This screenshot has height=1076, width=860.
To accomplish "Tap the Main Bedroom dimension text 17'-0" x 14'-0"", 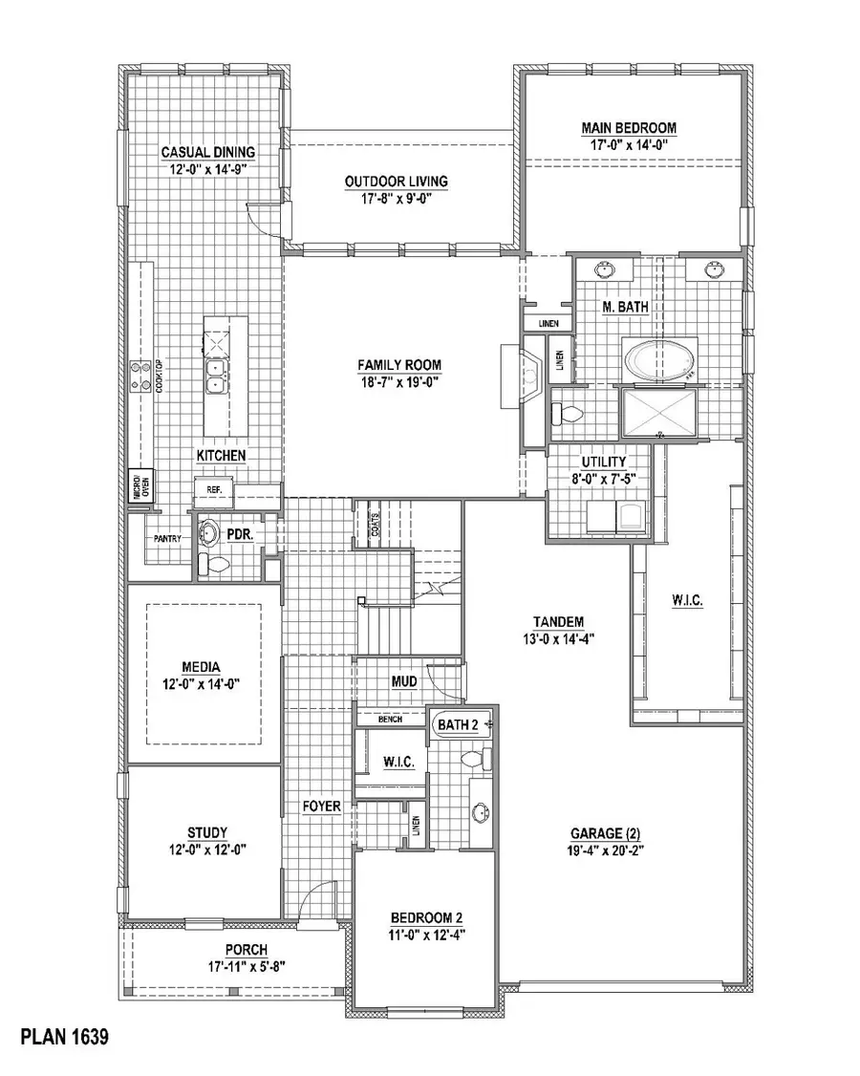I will pyautogui.click(x=629, y=145).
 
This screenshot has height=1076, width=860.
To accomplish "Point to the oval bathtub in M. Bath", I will pyautogui.click(x=660, y=361).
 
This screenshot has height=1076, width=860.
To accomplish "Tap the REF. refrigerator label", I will pyautogui.click(x=213, y=490).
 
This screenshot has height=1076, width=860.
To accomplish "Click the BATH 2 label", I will pyautogui.click(x=457, y=725).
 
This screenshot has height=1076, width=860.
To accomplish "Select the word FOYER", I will pyautogui.click(x=322, y=807).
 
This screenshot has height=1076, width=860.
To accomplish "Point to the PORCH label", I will pyautogui.click(x=247, y=949).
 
